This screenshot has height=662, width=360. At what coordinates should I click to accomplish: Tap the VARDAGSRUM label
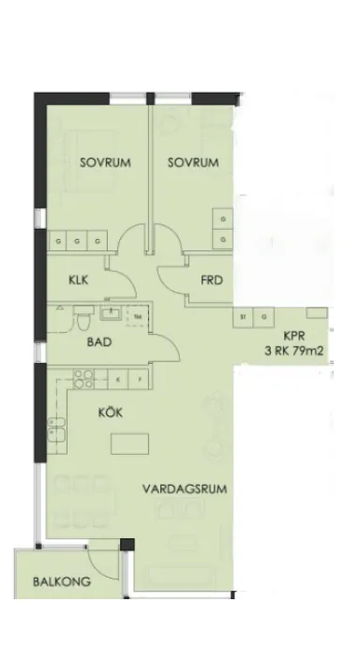coord(187,489)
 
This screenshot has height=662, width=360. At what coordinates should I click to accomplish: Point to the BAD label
coord(99,343)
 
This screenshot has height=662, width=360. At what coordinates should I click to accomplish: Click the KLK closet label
coord(78,279)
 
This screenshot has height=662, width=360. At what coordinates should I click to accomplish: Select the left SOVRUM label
coord(104,162)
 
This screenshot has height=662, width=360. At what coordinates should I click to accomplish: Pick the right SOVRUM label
coord(193,162)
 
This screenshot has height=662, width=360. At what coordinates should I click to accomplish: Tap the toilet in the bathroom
coord(83,323)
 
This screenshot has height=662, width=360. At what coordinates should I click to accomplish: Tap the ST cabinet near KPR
coord(244,316)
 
